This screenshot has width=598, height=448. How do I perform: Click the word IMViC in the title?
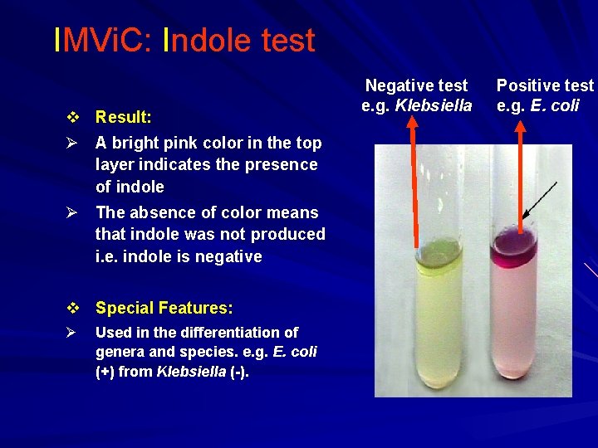(x=100, y=40)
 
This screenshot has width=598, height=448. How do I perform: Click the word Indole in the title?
(x=200, y=40)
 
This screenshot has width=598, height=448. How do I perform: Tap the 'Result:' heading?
(x=123, y=117)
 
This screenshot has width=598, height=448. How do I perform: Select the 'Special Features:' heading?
(x=164, y=308)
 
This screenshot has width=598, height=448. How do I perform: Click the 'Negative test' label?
(x=416, y=85)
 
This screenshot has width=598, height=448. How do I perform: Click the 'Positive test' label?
(x=545, y=85)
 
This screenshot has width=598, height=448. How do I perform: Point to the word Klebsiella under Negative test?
(x=433, y=105)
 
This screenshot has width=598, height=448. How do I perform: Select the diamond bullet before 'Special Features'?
(x=75, y=308)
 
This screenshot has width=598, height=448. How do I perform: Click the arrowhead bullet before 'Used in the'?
(x=73, y=333)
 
